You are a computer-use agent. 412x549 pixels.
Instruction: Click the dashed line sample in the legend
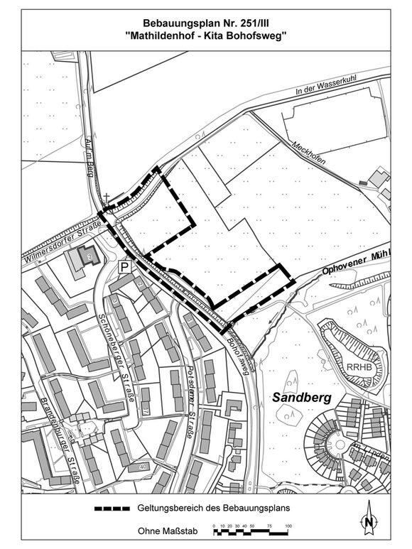112,509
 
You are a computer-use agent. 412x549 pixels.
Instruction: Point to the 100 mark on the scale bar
288,526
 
